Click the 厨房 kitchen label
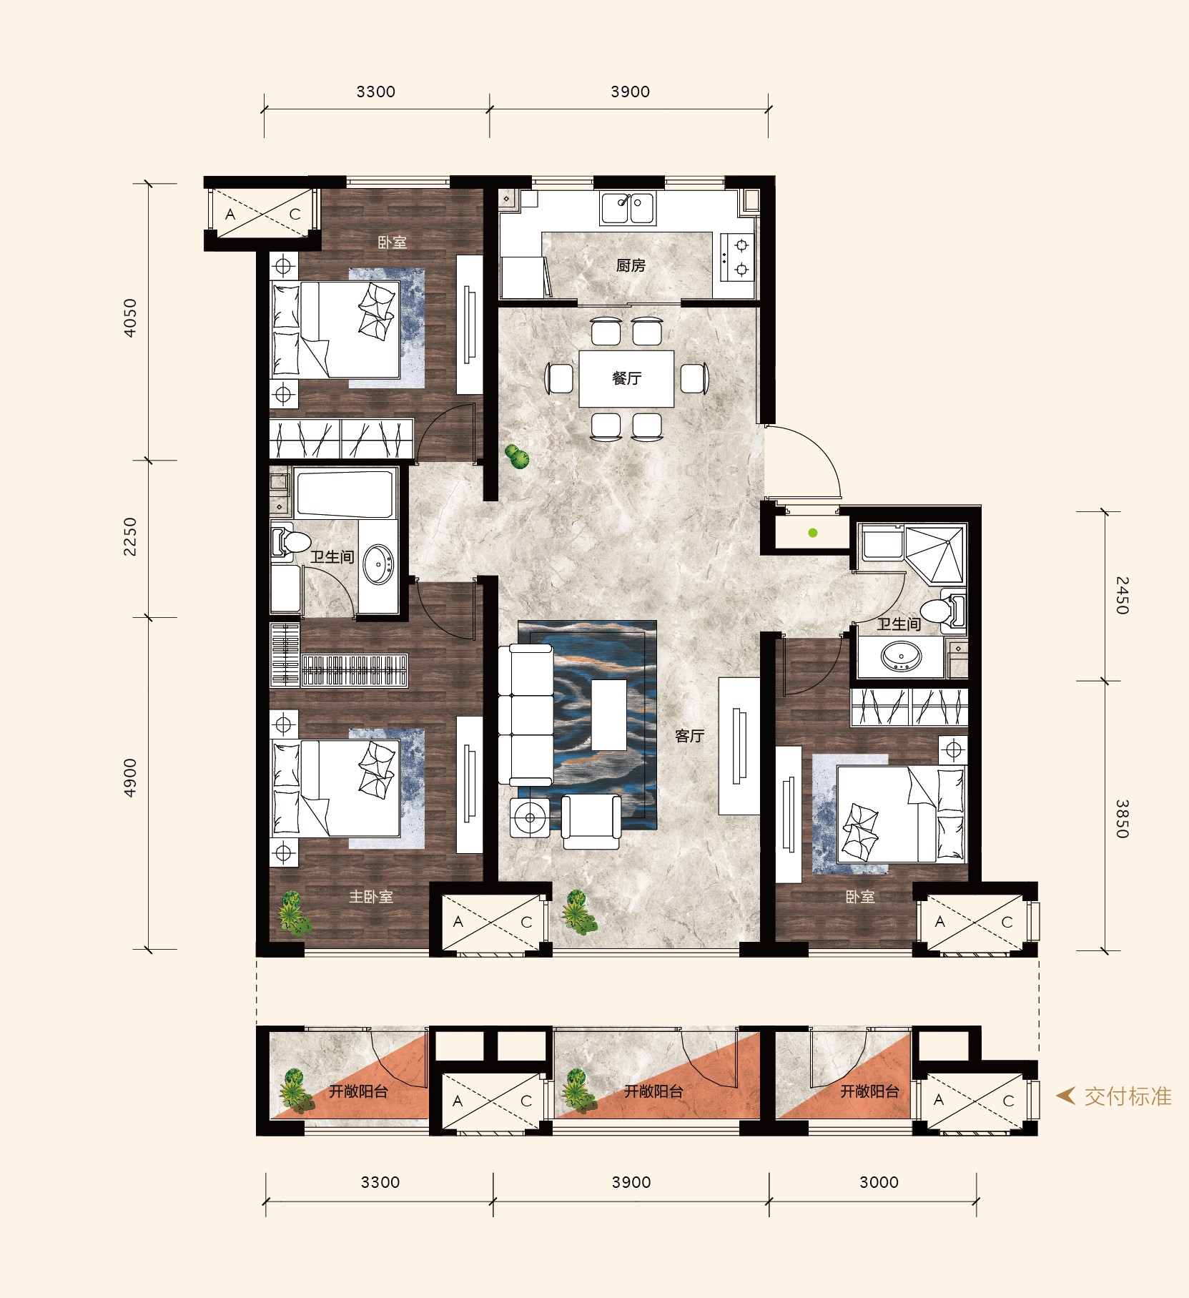point(631,265)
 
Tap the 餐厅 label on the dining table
point(626,378)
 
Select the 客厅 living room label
point(690,736)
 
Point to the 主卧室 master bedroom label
point(371,897)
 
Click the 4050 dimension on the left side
point(130,318)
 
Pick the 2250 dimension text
point(130,536)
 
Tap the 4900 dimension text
point(130,778)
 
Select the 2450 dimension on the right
point(1122,595)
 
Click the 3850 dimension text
point(1122,819)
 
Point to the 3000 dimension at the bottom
point(879,1182)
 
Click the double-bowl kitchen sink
point(627,208)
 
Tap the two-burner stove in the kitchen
point(737,257)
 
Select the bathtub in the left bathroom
point(345,493)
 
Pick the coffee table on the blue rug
point(609,715)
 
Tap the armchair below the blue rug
point(591,822)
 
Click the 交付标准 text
point(1128,1096)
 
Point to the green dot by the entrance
point(813,533)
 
